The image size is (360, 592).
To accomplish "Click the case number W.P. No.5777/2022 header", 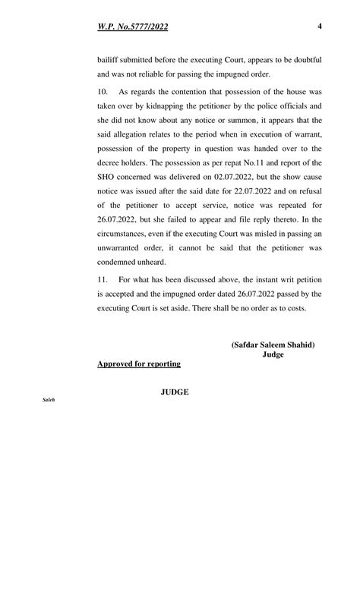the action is [133, 27].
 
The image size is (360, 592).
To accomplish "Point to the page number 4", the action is [320, 27].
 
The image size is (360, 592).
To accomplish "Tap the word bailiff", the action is [108, 59].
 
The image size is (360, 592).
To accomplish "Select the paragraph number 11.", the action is [103, 279].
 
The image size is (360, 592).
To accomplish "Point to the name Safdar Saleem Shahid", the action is [273, 345].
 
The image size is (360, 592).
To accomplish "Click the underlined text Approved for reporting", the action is [139, 364].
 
